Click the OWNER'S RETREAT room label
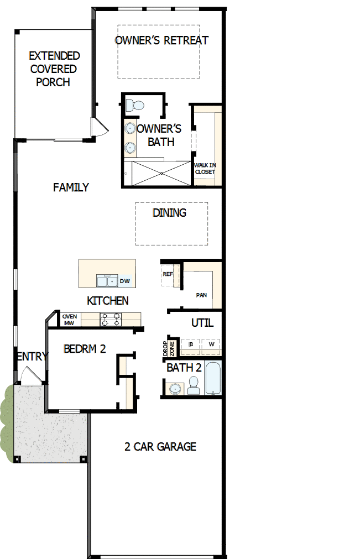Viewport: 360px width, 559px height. point(161,40)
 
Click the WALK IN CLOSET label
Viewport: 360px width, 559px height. point(205,168)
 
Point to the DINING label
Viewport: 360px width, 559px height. point(170,213)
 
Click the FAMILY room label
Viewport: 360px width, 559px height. point(71,187)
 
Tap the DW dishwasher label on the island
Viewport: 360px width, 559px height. point(125,281)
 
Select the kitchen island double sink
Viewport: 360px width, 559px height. point(106,281)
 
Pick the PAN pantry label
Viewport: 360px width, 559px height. point(201,295)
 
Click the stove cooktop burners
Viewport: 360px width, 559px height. point(110,319)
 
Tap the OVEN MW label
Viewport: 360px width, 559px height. point(69,320)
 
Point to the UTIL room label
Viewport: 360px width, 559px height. point(202,323)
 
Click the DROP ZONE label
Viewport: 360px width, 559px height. point(168,348)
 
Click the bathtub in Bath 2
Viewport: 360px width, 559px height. point(213,378)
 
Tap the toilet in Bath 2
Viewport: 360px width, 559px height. point(193,385)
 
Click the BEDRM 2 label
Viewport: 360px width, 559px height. point(84,349)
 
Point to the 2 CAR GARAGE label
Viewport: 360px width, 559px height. point(160,446)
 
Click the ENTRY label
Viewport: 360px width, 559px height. point(32,357)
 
